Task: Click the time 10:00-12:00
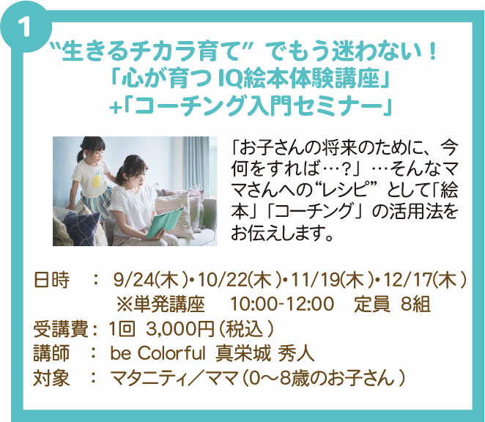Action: pos(283,304)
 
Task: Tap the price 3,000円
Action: pos(180,329)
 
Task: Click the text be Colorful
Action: pos(158,352)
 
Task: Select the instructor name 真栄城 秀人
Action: pos(265,353)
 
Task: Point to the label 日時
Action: pos(52,281)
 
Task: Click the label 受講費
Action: pos(61,329)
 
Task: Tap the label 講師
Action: pos(52,353)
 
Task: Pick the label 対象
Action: pos(52,378)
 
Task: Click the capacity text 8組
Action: pos(415,304)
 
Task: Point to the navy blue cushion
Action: pos(84,226)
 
